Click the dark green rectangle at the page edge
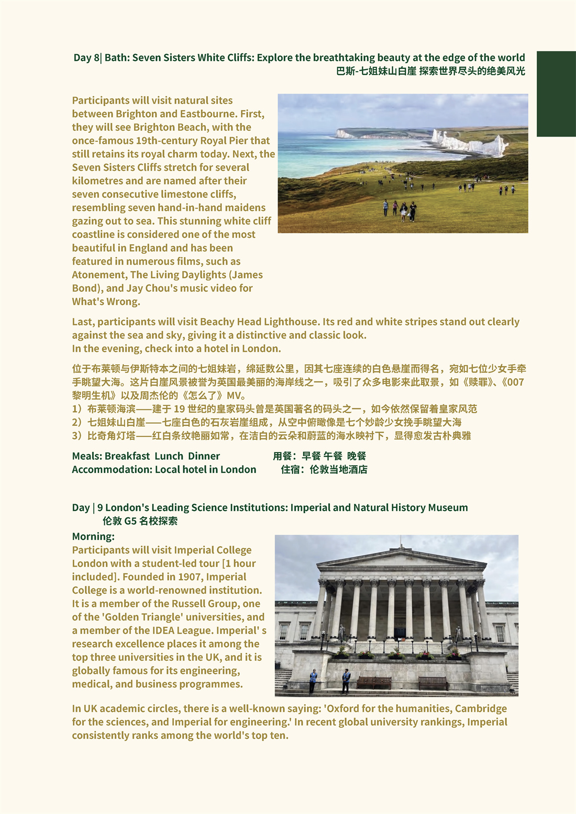pos(556,94)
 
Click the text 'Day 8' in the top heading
pos(86,58)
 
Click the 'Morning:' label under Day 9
pos(93,537)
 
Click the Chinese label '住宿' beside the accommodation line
pos(291,470)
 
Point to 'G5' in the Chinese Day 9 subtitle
pos(130,521)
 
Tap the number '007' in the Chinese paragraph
pos(515,382)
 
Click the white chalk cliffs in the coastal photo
pos(471,144)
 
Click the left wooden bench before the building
pos(374,682)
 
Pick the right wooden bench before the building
pos(433,682)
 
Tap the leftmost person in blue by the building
pos(313,681)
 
